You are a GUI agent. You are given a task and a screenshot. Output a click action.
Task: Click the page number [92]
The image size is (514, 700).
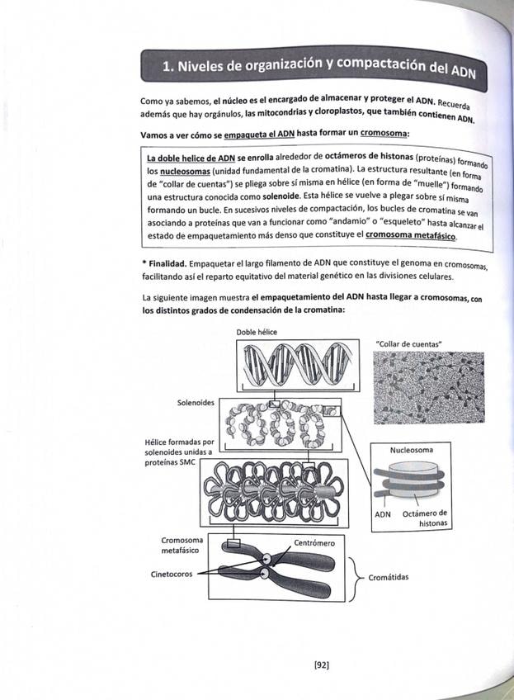coord(322,663)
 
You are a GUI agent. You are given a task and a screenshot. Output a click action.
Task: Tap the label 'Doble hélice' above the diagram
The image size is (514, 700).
coord(257,332)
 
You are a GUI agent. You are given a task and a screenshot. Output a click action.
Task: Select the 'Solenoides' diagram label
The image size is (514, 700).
coord(196,403)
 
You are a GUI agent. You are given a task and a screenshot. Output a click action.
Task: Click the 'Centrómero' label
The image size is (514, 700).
coord(314,543)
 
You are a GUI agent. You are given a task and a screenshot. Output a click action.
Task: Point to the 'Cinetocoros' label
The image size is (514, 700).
coord(172,574)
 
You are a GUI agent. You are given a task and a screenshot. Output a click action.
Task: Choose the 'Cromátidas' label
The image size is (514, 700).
coord(388,578)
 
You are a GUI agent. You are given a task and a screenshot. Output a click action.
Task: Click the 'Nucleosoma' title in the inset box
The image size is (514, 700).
coord(412,450)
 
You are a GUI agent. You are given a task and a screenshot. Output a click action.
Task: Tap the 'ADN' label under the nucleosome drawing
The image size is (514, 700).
coord(383,513)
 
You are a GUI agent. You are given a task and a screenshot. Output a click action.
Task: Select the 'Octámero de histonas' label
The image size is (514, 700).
coord(424,518)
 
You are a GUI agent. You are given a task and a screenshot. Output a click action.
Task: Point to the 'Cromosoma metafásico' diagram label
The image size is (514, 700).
coord(182,545)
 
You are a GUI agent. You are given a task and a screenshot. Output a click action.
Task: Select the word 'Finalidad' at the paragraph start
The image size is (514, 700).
coord(166,262)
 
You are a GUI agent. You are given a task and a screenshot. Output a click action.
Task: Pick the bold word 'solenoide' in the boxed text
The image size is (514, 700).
coord(285,198)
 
